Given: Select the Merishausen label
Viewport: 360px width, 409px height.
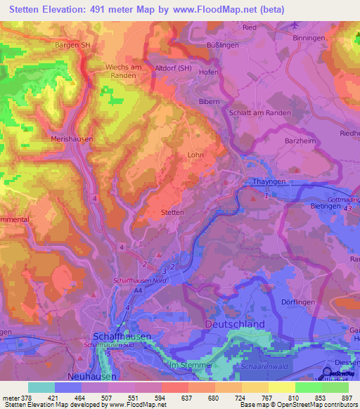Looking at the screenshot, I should [72, 140].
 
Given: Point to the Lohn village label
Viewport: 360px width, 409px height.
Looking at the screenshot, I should [195, 155].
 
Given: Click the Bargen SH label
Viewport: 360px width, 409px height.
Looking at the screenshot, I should [72, 44].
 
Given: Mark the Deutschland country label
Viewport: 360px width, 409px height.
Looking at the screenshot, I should [235, 324].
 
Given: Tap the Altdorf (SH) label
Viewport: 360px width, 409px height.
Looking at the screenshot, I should [172, 67].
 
